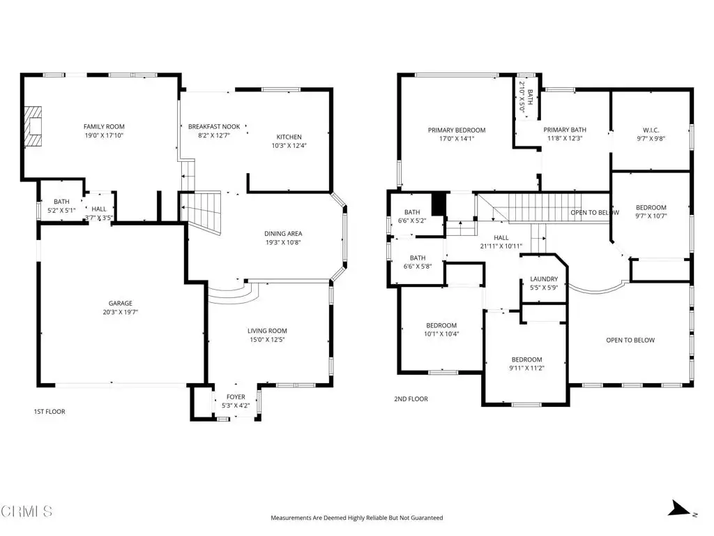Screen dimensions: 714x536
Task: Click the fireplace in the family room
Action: click(x=33, y=126)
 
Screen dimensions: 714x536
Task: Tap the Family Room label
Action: click(x=104, y=127)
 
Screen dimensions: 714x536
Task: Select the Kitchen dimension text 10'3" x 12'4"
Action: click(x=289, y=146)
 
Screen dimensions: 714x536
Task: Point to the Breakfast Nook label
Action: click(x=214, y=127)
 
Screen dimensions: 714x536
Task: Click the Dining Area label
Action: click(x=283, y=234)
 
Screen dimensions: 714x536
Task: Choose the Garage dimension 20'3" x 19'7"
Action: click(x=120, y=312)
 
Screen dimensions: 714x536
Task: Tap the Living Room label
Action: click(x=267, y=331)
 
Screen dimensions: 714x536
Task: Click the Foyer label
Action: click(x=236, y=397)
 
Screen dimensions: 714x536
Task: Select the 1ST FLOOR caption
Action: click(x=50, y=412)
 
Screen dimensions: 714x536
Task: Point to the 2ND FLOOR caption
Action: click(x=411, y=399)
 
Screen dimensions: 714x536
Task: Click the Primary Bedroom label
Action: click(x=457, y=131)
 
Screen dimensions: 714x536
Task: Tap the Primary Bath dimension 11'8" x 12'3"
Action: click(x=565, y=139)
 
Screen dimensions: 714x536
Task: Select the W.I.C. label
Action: click(x=651, y=131)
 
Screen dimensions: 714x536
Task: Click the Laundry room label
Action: click(x=544, y=279)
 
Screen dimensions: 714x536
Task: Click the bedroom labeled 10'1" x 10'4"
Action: click(x=441, y=329)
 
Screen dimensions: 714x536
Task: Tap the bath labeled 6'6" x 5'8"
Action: click(x=418, y=262)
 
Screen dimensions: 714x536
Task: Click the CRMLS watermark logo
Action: click(x=26, y=512)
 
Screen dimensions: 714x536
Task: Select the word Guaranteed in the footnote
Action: click(x=427, y=518)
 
